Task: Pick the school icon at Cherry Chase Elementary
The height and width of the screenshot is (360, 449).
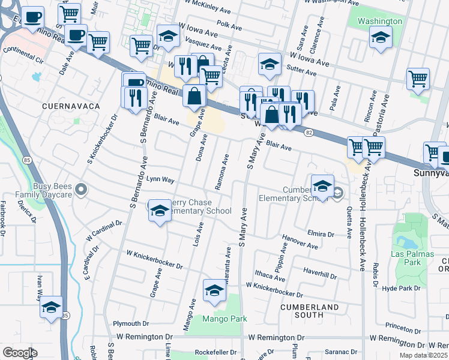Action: tap(159, 210)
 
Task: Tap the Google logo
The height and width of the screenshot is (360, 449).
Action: tap(20, 353)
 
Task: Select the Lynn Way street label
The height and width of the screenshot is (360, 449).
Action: tap(160, 179)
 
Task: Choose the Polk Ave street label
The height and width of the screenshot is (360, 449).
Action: tap(229, 26)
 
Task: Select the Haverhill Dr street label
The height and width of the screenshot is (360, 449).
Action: tap(320, 275)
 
